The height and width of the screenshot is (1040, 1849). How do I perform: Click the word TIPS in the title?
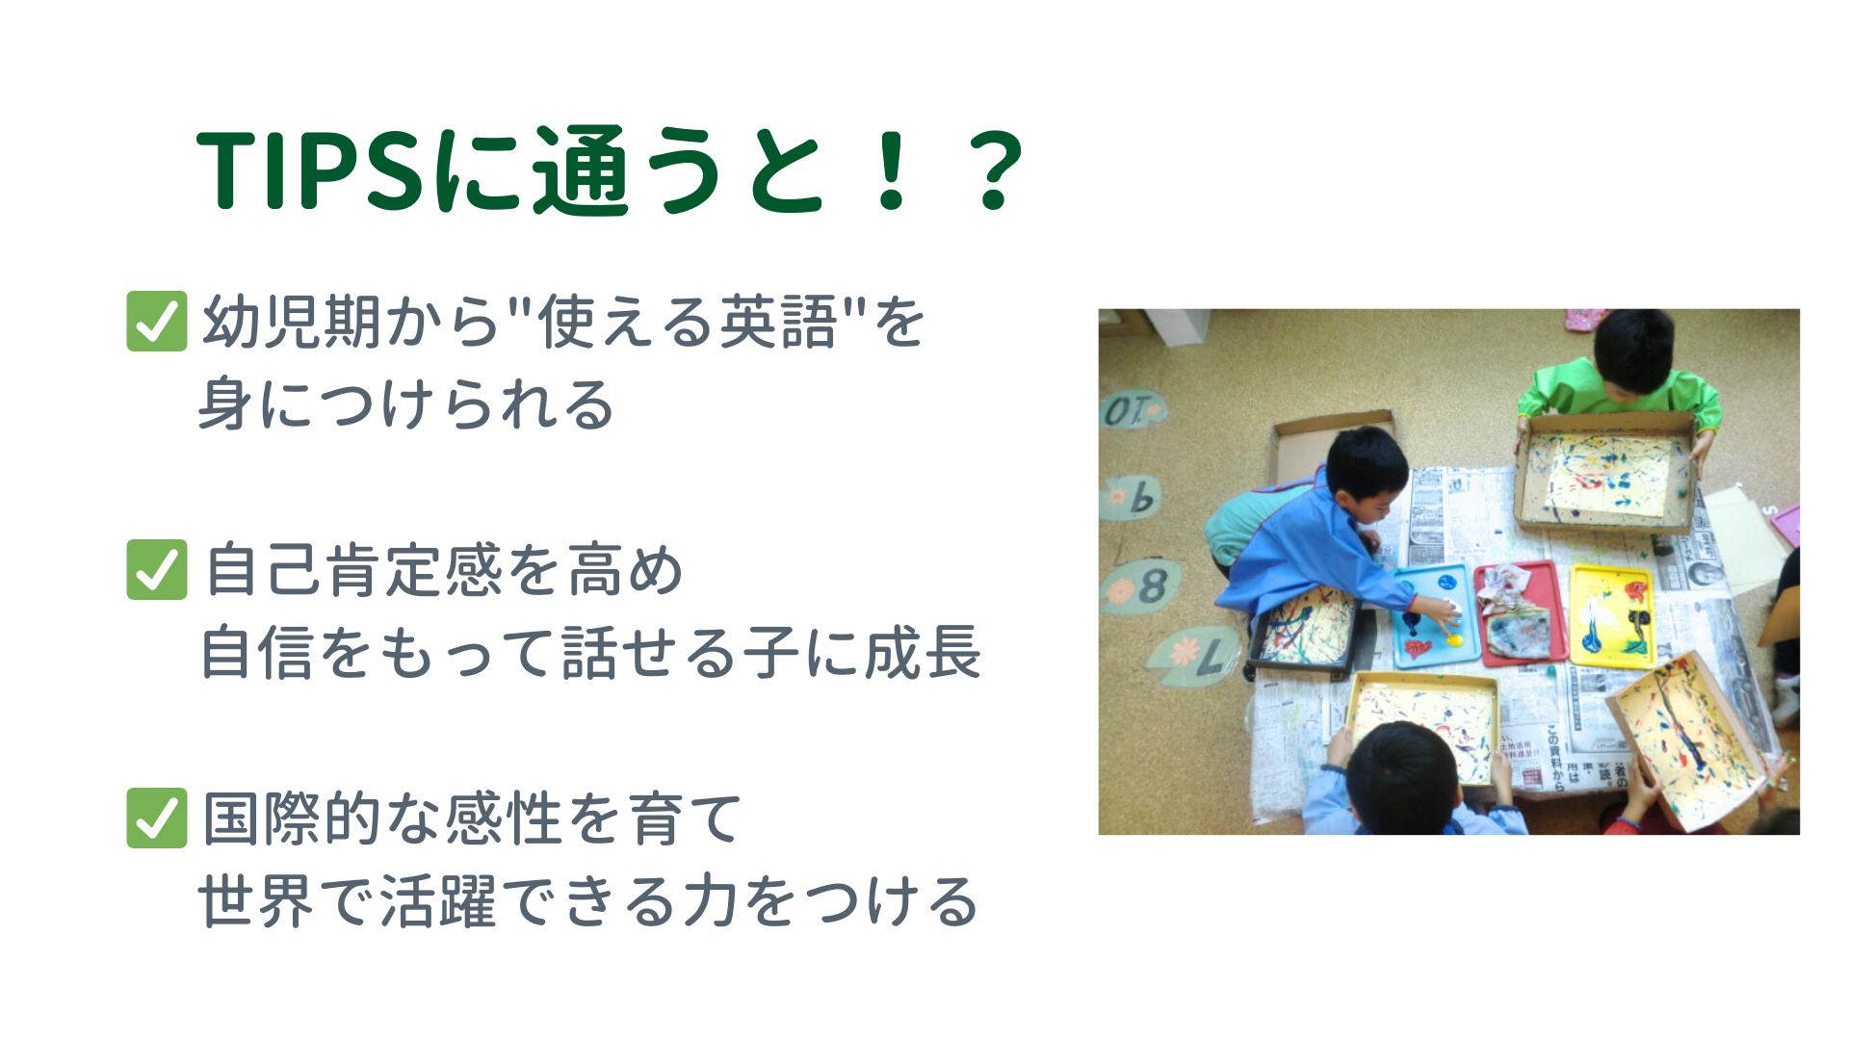point(310,170)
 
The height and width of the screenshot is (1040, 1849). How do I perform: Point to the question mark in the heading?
point(996,170)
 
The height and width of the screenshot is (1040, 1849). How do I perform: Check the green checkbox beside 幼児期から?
point(157,321)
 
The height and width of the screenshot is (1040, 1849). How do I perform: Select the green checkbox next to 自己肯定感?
point(157,569)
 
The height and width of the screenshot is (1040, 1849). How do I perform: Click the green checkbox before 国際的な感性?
point(157,818)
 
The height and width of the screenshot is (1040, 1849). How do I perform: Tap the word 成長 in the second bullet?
point(923,652)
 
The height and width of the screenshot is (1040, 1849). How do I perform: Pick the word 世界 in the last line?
point(256,901)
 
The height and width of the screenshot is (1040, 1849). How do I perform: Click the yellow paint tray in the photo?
point(1611,615)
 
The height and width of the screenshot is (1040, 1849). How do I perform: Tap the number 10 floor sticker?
point(1132,411)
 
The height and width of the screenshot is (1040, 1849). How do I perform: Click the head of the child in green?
point(1635,348)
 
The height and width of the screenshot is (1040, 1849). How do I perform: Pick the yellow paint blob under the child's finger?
point(1454,638)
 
